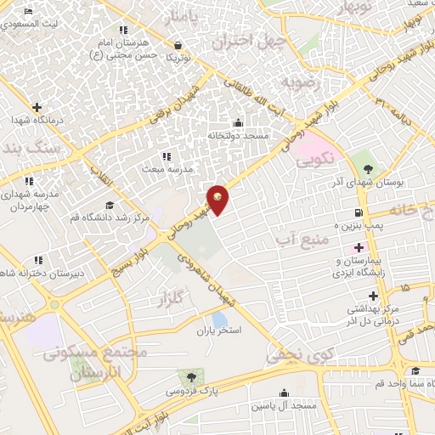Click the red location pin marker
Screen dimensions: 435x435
point(219,199)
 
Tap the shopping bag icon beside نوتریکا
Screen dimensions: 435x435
point(178,46)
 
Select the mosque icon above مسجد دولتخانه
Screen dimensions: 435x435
point(237,122)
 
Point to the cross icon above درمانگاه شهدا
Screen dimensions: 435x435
point(37,107)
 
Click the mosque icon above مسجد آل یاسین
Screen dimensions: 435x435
point(283,393)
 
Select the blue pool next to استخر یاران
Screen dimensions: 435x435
point(219,319)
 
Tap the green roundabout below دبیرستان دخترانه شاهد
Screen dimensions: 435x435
point(54,304)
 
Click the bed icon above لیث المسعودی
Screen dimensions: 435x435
point(29,12)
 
